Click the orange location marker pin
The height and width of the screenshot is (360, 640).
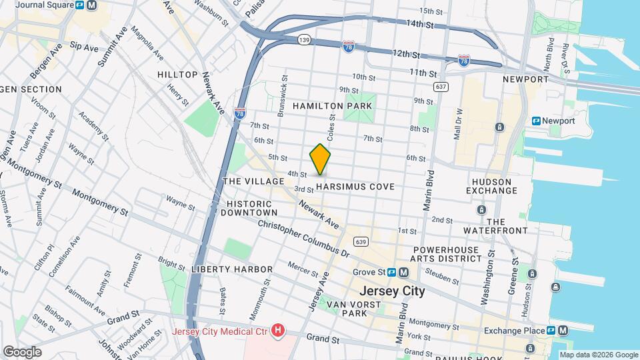point(320,159)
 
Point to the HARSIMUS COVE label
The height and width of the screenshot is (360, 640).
point(355,187)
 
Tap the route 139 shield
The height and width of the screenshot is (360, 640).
point(304,39)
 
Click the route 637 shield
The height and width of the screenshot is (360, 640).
point(439,86)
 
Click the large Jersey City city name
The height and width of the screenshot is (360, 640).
point(391,291)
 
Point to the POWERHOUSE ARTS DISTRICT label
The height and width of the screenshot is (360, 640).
point(444,254)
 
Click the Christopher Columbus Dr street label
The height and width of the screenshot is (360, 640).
point(303,239)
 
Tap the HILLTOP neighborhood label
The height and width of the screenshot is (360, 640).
point(177,75)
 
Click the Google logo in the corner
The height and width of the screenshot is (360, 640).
point(22,351)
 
